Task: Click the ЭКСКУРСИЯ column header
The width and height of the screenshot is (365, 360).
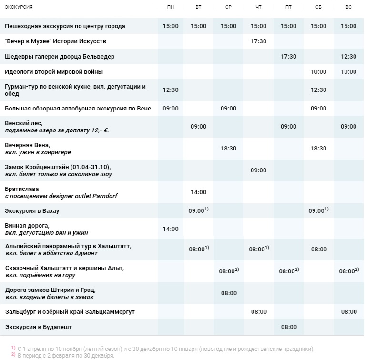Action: coord(19,7)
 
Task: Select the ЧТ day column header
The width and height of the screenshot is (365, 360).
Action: coord(258,7)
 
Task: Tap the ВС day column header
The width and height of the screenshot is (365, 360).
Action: coord(348,7)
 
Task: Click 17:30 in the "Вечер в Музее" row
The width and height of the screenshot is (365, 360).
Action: coord(258,41)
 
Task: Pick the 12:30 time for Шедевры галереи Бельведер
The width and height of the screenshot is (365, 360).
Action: coord(348,57)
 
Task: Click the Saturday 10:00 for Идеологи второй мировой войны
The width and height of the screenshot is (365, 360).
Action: coord(318,72)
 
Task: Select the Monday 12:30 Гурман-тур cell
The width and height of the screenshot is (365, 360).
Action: coord(171,90)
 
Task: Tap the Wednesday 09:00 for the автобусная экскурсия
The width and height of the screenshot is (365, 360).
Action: coord(228,109)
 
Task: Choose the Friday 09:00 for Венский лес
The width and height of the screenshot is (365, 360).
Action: coord(288,127)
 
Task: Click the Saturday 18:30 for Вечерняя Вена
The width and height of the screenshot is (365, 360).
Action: coord(318,149)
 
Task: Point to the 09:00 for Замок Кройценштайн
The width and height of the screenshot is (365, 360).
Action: coord(258,170)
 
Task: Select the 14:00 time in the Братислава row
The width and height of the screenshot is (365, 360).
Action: coord(198,192)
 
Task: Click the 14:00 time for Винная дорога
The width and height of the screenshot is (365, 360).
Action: coord(171,229)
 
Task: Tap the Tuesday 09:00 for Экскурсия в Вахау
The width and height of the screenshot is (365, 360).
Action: coord(198,210)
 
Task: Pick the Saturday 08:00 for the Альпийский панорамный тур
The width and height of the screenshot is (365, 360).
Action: coord(319,250)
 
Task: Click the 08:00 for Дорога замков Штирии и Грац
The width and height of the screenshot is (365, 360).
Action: coord(229,293)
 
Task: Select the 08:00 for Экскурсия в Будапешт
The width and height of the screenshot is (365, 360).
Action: coord(289,327)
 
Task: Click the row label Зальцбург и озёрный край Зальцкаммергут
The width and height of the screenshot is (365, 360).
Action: coord(70,312)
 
